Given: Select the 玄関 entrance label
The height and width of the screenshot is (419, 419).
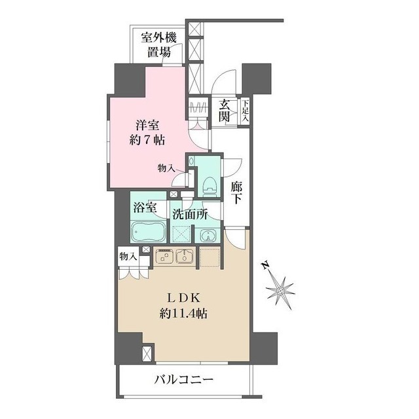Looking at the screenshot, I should tap(225, 111).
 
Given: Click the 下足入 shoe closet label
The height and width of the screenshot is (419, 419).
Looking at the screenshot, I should tap(244, 111).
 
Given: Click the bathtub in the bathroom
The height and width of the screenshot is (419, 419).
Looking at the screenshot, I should tap(149, 232).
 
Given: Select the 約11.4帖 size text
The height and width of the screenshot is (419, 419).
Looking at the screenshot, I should tap(183, 314).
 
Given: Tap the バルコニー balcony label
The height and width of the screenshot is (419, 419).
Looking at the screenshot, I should tap(185, 379).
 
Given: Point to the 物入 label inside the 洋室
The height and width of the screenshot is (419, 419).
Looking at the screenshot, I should tap(166, 168).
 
